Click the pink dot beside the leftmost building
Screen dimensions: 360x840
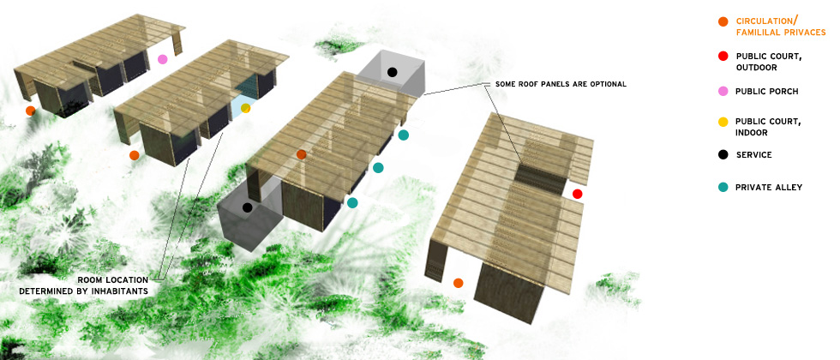point(163,59)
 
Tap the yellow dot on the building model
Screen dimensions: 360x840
point(245,108)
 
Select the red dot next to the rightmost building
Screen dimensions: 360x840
point(577,194)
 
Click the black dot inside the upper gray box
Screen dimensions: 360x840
point(392,72)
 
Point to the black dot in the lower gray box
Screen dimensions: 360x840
point(248,207)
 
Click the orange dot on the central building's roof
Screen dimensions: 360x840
point(301,154)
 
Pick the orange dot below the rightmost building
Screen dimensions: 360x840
point(458,283)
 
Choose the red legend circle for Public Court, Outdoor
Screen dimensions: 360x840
point(723,57)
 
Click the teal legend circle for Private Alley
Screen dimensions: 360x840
point(723,187)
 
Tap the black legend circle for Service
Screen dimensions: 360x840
point(723,154)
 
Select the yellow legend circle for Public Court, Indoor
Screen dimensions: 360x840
point(723,122)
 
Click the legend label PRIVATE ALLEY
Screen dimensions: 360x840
point(769,187)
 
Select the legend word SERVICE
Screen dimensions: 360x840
point(754,154)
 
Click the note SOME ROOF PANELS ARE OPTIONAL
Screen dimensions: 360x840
point(561,84)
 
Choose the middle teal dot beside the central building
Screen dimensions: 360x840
point(378,168)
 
